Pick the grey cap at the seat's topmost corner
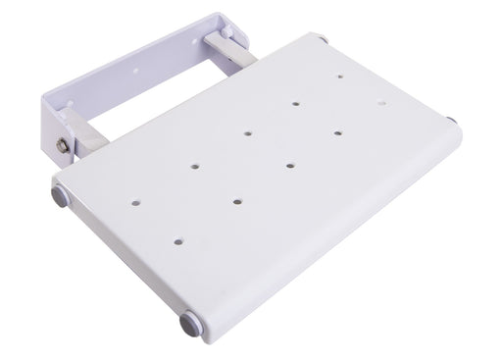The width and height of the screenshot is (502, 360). (x=323, y=38)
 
